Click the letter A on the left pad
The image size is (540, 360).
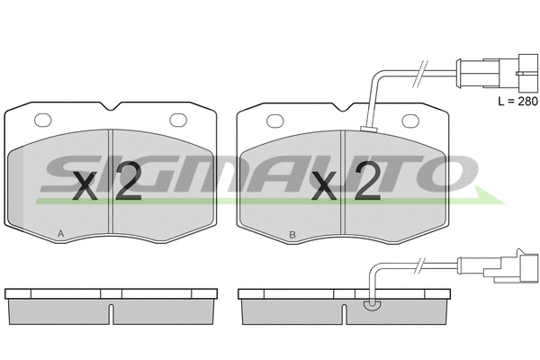[60, 234]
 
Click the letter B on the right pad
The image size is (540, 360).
[292, 235]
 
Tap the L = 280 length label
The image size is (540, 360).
[517, 102]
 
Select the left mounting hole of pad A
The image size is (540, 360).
[43, 120]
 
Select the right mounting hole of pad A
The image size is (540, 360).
[178, 120]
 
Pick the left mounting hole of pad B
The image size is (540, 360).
[275, 121]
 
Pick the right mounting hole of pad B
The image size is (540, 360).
[411, 121]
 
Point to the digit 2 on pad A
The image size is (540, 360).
[128, 181]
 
